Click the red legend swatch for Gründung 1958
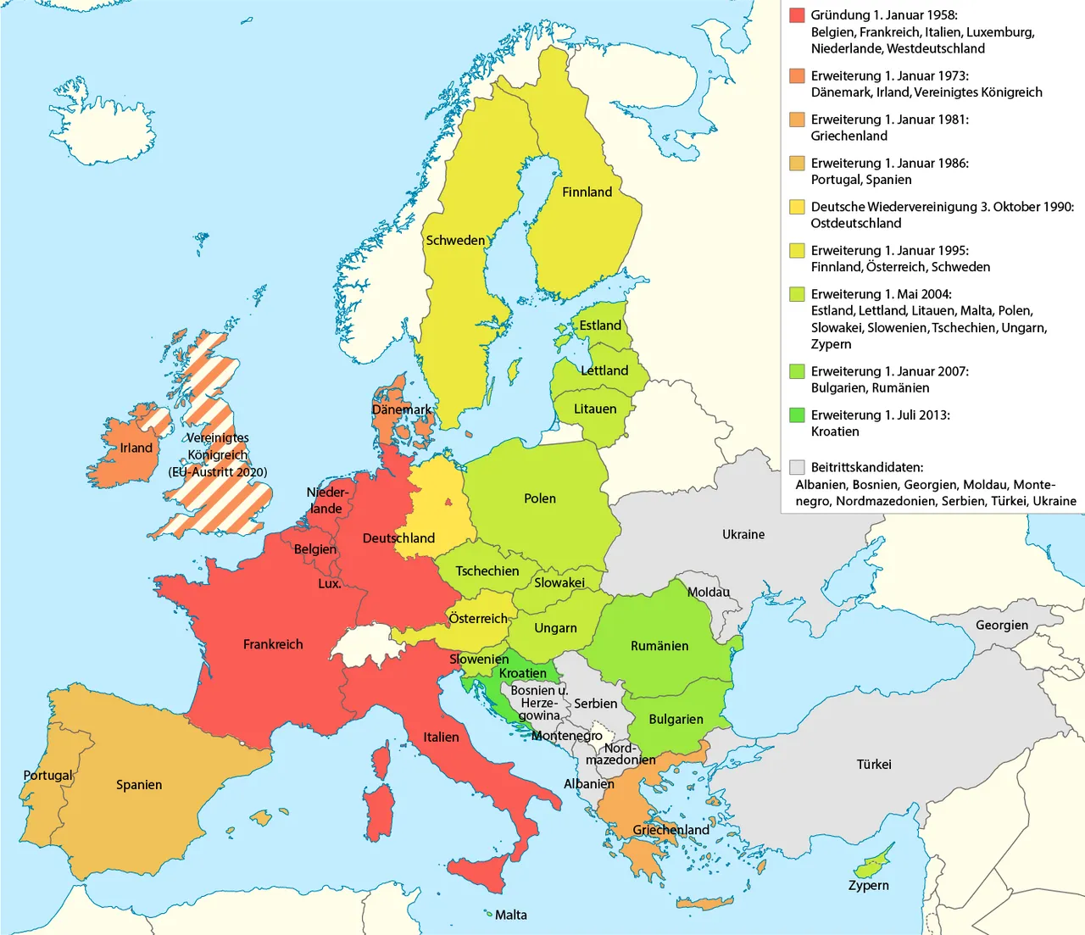pos(797,15)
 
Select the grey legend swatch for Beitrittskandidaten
pos(797,467)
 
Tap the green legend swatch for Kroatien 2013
pos(797,415)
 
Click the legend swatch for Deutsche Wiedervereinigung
pos(797,207)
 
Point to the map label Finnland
pos(587,192)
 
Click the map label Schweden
pos(455,241)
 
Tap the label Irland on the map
pos(136,448)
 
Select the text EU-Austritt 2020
pos(218,472)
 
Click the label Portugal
pos(48,776)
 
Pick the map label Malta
pos(511,916)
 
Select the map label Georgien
pos(1002,626)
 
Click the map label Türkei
pos(874,765)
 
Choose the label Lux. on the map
pos(329,584)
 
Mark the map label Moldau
pos(709,593)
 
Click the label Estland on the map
pos(600,326)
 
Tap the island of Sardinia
pos(383,810)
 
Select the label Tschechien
pos(487,571)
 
